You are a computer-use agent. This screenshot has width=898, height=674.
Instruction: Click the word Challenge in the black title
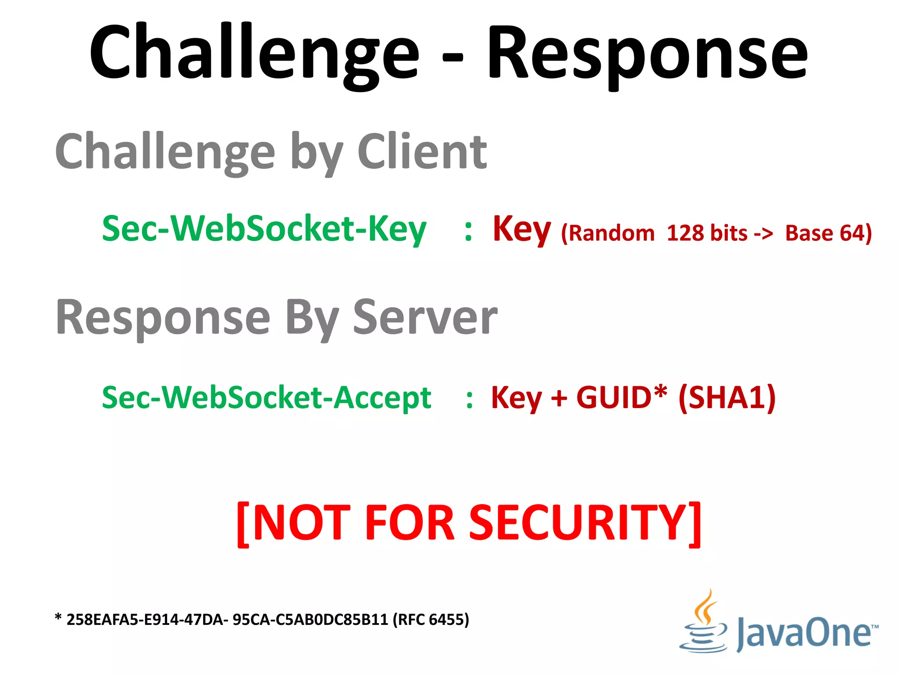click(254, 53)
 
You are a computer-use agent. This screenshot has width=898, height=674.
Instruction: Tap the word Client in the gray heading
click(422, 151)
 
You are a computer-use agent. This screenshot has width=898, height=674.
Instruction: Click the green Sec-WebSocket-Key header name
click(264, 229)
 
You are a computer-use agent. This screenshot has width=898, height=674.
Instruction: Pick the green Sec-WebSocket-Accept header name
click(267, 398)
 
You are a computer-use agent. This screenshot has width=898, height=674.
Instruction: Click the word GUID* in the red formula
click(622, 398)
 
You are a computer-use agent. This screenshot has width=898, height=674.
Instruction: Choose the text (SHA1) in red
click(727, 398)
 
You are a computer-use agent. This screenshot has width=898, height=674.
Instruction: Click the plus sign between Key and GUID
click(559, 398)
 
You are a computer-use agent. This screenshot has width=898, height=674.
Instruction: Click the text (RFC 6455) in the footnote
click(431, 620)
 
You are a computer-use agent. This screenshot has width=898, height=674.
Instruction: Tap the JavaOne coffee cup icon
click(703, 623)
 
